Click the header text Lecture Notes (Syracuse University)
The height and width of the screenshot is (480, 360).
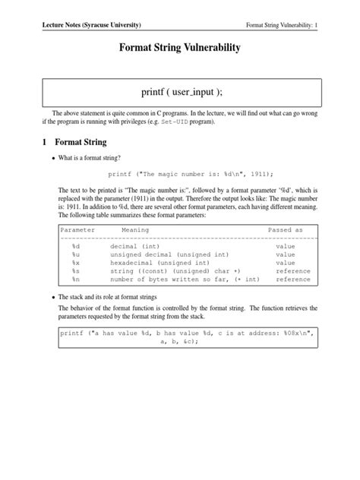(x=91, y=25)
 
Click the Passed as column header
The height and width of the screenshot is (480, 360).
(x=285, y=229)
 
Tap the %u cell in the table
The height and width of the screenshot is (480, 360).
(x=76, y=255)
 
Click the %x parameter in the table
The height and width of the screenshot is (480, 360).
(x=76, y=263)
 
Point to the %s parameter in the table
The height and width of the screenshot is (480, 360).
(x=76, y=271)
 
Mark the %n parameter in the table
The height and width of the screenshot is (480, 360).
(x=76, y=279)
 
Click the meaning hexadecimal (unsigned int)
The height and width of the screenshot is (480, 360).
(x=158, y=263)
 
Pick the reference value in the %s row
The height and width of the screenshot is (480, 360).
(x=292, y=271)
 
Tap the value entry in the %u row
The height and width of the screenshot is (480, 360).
(x=285, y=255)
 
